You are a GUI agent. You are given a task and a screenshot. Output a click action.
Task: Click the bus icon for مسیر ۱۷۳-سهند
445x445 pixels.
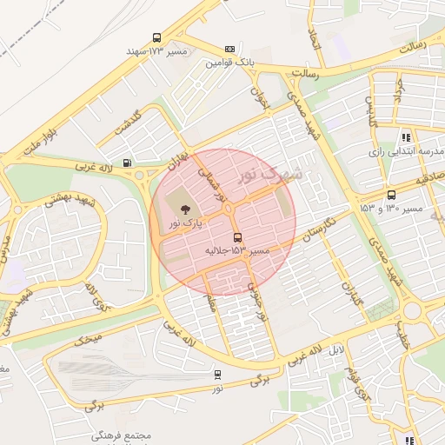tap(156, 38)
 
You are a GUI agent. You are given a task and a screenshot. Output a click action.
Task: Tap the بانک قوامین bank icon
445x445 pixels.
tap(229, 50)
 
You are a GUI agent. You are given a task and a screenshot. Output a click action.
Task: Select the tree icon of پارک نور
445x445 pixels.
tap(184, 208)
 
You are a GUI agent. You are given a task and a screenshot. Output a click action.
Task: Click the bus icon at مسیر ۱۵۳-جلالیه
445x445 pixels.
tap(237, 237)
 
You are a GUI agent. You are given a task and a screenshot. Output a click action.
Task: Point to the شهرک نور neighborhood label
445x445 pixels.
tap(271, 173)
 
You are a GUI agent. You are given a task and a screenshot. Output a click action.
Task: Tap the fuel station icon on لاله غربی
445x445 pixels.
tap(129, 162)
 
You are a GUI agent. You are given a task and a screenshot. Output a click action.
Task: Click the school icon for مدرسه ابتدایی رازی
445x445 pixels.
tap(406, 137)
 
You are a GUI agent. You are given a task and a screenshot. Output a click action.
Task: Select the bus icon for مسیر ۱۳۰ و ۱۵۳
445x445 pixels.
tap(391, 196)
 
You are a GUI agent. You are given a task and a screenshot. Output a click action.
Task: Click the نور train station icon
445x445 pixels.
tap(217, 375)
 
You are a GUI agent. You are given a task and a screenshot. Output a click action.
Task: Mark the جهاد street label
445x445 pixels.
tap(401, 89)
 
